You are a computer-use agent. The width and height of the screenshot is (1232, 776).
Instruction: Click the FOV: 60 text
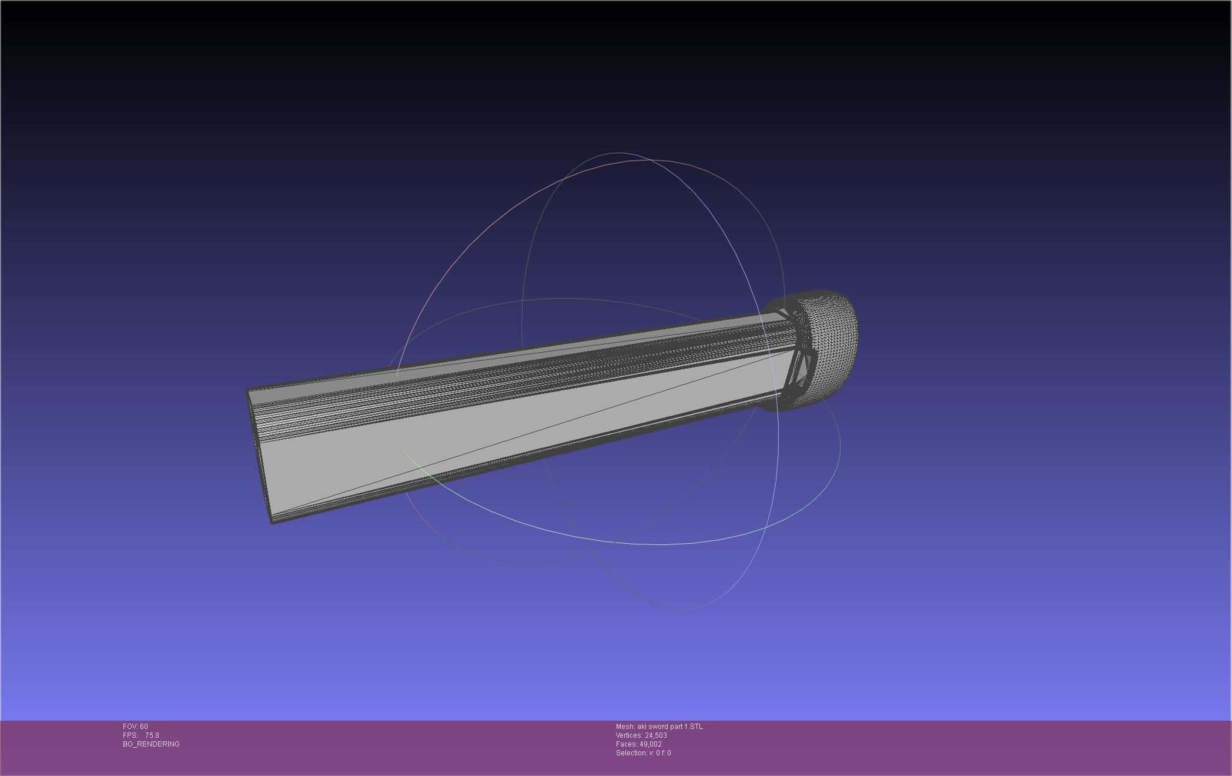(x=135, y=727)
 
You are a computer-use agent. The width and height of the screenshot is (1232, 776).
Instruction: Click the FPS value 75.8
(x=152, y=735)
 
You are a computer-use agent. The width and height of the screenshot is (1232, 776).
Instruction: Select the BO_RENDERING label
(x=151, y=744)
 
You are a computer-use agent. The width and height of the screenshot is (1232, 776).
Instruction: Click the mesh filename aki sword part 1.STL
(x=669, y=727)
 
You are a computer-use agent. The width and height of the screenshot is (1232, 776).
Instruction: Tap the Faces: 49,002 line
(x=638, y=744)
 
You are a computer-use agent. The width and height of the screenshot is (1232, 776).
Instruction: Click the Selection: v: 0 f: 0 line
(x=643, y=753)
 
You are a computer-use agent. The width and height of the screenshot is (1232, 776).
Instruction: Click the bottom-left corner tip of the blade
(x=272, y=522)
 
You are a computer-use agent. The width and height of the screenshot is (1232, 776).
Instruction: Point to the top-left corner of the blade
(x=247, y=390)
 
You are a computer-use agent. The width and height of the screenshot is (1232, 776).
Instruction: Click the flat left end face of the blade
(x=259, y=453)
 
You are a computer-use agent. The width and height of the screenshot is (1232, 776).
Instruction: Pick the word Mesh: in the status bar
(x=625, y=727)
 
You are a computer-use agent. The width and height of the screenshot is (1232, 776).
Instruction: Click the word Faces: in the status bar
(x=626, y=744)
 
